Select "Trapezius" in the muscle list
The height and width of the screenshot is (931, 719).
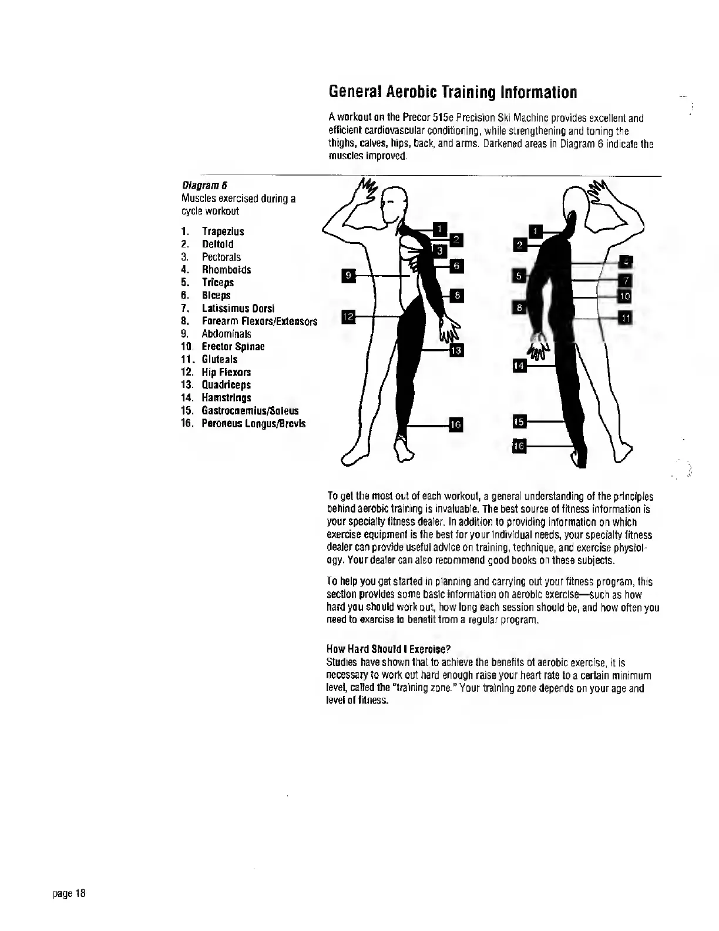coord(223,232)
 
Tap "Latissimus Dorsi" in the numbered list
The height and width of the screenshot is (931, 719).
coord(238,309)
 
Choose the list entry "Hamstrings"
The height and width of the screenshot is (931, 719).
coord(226,398)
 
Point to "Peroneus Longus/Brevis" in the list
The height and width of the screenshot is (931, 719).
coord(253,424)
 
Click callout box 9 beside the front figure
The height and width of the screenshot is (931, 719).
coord(348,274)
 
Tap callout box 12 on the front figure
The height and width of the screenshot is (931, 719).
coord(348,317)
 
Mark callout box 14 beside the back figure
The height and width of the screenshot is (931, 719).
coord(519,366)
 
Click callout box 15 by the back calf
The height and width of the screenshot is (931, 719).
coord(519,421)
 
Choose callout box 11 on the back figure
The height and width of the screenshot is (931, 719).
coord(626,318)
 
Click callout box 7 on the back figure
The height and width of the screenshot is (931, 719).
coord(626,280)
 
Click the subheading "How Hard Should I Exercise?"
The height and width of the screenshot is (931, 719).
coord(388,649)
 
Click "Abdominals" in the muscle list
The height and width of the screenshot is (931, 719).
coord(226,334)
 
